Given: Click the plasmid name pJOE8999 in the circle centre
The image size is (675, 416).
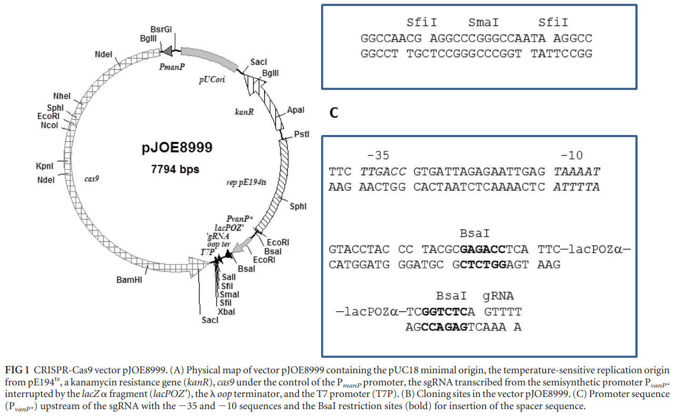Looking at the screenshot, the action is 177,148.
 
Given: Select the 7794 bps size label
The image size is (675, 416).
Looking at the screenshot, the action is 175,169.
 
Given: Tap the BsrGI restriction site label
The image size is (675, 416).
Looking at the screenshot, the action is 161,29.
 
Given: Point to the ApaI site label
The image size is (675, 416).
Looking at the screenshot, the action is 296,110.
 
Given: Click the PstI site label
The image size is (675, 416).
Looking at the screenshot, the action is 302,134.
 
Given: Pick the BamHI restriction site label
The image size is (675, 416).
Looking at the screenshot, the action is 129,280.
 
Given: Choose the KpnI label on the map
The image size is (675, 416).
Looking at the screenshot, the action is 45,166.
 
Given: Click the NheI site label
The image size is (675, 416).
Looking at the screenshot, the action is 62,96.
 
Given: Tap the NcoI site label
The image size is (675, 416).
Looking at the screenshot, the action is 50,125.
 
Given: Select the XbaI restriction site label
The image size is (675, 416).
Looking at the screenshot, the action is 226,312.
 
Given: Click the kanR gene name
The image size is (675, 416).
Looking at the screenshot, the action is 244,112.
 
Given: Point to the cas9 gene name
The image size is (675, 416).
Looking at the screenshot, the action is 92,179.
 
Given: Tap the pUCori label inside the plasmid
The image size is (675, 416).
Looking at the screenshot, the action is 212,79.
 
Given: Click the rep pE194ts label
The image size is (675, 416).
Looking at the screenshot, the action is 246,182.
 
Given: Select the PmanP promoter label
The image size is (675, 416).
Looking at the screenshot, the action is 172,66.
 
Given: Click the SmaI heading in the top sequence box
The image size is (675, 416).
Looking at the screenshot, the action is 484,22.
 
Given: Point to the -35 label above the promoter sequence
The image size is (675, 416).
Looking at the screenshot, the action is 378,156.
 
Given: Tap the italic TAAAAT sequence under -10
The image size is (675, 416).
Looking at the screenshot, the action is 577,172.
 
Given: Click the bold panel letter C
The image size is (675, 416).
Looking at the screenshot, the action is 334,113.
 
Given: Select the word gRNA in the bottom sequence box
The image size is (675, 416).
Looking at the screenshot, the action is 498,296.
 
